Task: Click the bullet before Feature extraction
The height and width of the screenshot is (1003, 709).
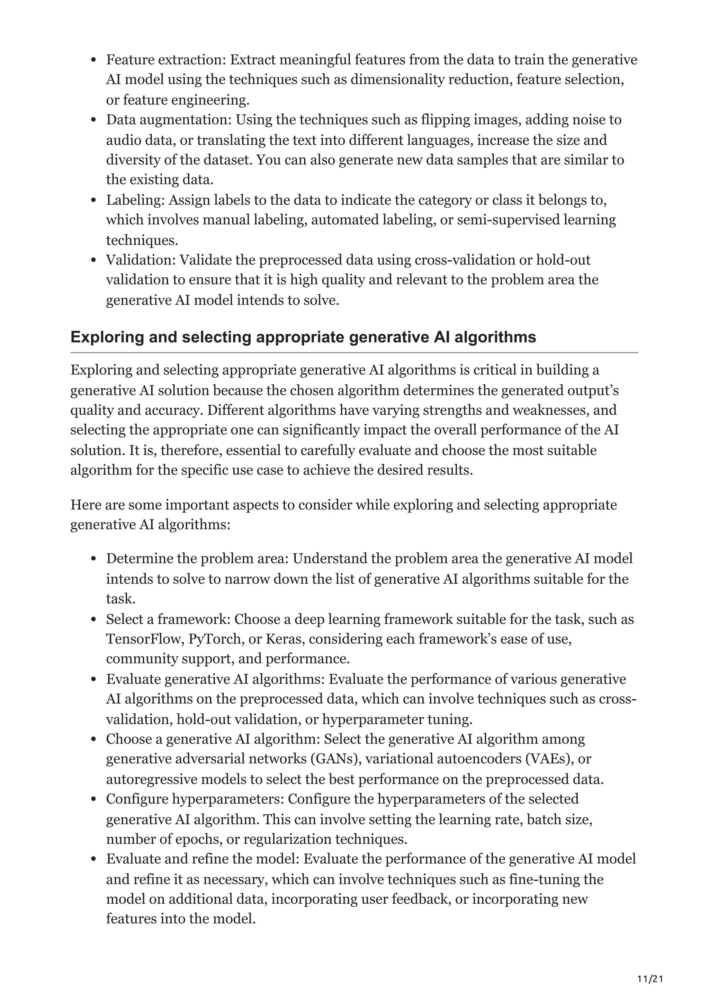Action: point(93,60)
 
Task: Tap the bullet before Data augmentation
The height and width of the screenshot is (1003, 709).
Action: point(93,120)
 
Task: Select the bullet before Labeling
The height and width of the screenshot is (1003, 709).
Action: point(93,200)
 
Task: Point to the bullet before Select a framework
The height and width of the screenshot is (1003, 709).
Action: point(93,620)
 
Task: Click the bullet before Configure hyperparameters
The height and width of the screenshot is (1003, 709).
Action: point(93,799)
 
